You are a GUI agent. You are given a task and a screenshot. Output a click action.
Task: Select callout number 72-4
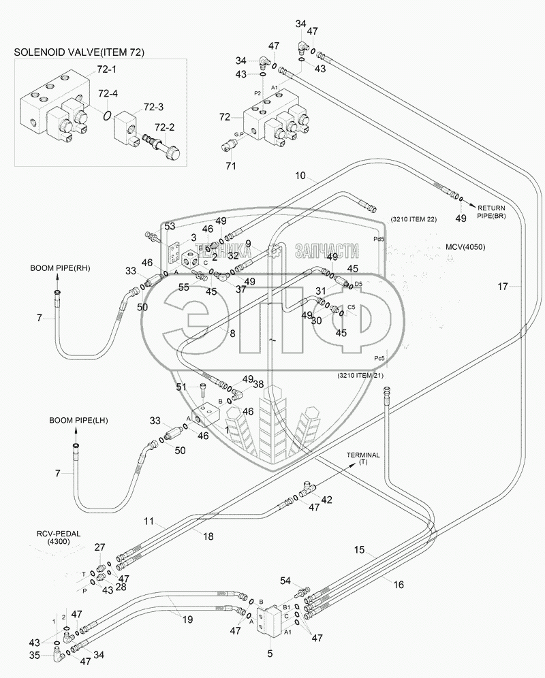[x=108, y=93]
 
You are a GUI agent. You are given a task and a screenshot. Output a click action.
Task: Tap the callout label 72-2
[x=165, y=127]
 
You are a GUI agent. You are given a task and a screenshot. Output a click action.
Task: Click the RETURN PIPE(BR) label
[x=490, y=211]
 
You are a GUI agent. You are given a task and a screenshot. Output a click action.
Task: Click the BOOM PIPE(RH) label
[x=60, y=268]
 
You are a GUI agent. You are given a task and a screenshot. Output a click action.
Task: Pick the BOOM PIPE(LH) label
[x=60, y=421]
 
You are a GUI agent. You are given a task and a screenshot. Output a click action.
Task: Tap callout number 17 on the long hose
[x=502, y=287]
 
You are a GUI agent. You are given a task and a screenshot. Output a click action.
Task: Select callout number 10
[x=300, y=176]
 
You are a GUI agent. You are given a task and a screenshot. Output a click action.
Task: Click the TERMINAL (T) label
[x=362, y=458]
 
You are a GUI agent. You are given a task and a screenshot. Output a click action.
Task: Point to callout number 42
[x=327, y=500]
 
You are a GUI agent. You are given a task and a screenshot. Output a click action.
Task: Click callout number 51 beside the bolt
[x=181, y=387]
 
